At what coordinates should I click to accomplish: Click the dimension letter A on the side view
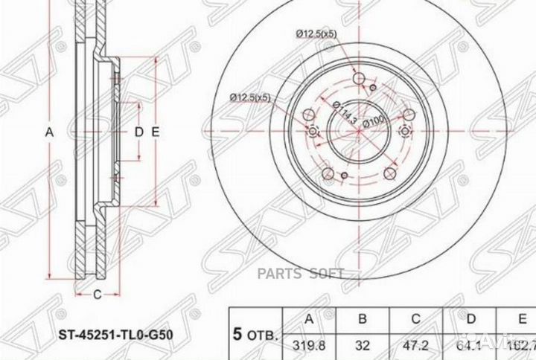(x=50, y=132)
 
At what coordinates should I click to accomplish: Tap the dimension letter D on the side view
(x=138, y=132)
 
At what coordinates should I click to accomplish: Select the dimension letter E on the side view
(x=156, y=132)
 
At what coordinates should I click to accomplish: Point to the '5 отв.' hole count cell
(x=252, y=334)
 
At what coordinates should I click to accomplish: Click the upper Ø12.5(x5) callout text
(x=319, y=32)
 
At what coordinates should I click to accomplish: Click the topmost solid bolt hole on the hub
(x=358, y=79)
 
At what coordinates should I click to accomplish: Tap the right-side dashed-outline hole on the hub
(x=404, y=132)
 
